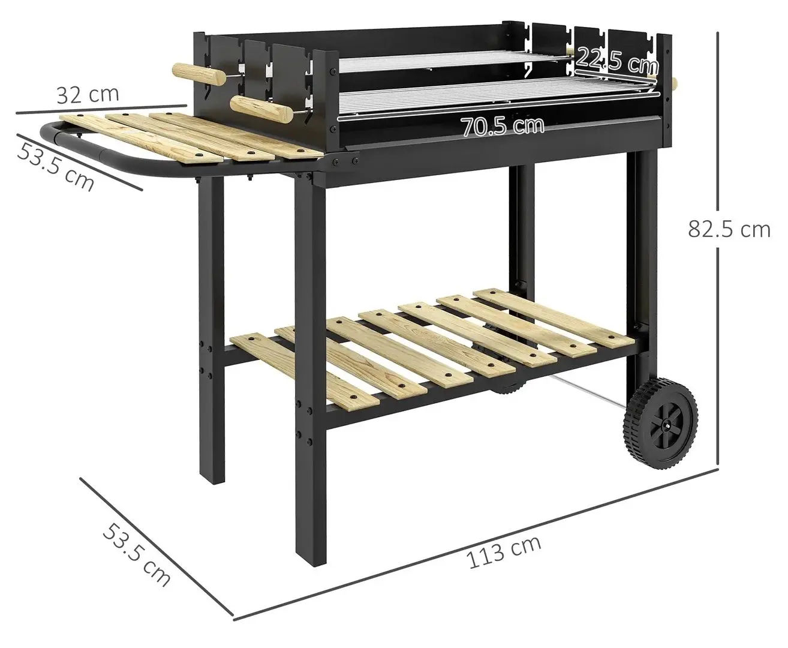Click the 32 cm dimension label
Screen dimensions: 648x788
click(88, 94)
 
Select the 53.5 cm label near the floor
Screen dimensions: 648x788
click(137, 554)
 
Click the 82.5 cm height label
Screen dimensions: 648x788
click(729, 229)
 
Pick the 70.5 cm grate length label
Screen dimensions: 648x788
click(503, 126)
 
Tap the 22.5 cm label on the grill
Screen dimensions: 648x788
click(617, 59)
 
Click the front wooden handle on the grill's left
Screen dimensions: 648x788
click(257, 108)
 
